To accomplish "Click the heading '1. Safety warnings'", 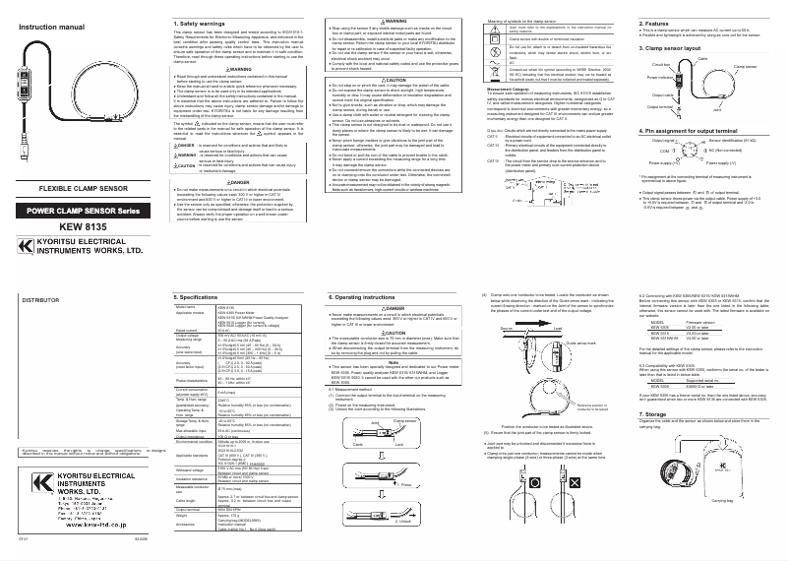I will (202, 23).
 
